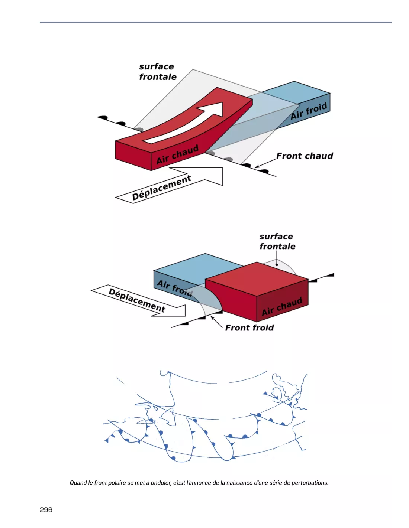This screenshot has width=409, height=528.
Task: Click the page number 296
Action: tap(46, 509)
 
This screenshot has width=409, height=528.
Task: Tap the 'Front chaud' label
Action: tap(305, 156)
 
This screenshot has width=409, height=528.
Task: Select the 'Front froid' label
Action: tap(249, 327)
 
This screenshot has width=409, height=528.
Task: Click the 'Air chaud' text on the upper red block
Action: tap(177, 154)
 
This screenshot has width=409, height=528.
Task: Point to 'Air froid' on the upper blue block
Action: tap(309, 111)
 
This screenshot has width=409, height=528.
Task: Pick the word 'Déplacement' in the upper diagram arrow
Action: tap(161, 188)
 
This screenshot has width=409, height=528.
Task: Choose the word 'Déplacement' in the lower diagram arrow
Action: tap(137, 300)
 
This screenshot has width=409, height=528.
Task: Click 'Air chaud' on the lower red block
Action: tap(281, 307)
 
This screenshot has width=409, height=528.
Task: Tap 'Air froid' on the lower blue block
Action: tap(174, 288)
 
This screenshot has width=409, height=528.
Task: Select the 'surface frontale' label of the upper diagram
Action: tap(157, 72)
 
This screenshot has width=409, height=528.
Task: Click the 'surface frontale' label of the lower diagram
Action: tap(277, 241)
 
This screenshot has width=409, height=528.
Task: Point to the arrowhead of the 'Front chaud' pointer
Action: tap(257, 166)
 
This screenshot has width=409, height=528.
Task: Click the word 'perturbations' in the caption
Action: tap(310, 483)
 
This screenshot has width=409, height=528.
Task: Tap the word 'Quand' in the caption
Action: tap(78, 483)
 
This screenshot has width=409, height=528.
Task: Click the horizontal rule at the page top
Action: tap(216, 22)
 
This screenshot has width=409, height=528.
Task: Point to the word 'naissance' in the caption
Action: tap(239, 483)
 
